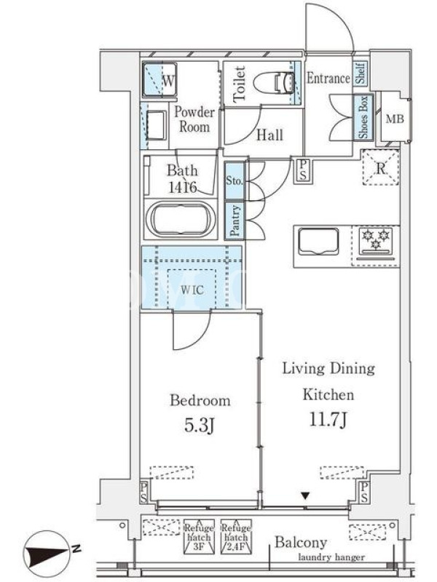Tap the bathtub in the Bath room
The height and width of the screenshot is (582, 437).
pyautogui.click(x=181, y=219)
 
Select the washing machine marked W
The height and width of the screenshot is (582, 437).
pyautogui.click(x=160, y=80)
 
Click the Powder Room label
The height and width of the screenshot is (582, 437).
pyautogui.click(x=194, y=119)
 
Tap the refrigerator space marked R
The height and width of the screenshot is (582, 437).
pyautogui.click(x=380, y=167)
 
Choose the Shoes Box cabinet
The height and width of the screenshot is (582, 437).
pyautogui.click(x=363, y=117)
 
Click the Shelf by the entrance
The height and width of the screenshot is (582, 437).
pyautogui.click(x=360, y=73)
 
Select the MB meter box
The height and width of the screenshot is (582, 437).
pyautogui.click(x=395, y=119)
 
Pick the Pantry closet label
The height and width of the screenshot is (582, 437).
pyautogui.click(x=235, y=221)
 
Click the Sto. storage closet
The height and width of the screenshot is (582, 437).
pyautogui.click(x=235, y=181)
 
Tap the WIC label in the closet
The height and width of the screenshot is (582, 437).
pyautogui.click(x=192, y=290)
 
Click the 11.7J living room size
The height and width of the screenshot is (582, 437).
pyautogui.click(x=328, y=420)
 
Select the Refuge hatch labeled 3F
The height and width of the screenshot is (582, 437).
pyautogui.click(x=199, y=537)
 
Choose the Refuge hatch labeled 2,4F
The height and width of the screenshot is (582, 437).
pyautogui.click(x=236, y=537)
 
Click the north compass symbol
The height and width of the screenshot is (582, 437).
pyautogui.click(x=47, y=553)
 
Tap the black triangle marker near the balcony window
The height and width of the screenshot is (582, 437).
pyautogui.click(x=305, y=495)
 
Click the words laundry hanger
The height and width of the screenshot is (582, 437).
pyautogui.click(x=331, y=557)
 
